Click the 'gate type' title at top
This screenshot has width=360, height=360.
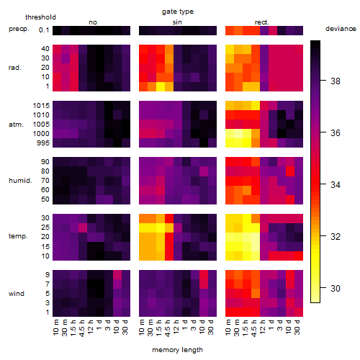[178, 12]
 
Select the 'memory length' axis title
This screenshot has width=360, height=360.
[177, 350]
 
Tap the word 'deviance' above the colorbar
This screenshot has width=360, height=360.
[341, 29]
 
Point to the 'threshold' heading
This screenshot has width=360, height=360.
[40, 17]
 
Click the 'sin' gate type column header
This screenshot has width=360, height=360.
[177, 22]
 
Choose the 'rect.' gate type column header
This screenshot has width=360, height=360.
[262, 22]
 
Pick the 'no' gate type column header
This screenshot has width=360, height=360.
[93, 22]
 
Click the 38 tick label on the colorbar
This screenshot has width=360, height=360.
[336, 81]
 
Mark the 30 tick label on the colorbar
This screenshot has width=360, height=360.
[336, 288]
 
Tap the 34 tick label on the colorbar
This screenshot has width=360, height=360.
[336, 185]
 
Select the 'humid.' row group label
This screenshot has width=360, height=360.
[20, 181]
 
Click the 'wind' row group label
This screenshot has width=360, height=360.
[17, 294]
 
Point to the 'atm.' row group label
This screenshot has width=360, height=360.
[16, 125]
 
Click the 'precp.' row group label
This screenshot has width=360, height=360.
[19, 29]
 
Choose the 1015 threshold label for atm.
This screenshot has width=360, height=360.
[41, 106]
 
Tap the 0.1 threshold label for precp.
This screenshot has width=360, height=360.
[44, 30]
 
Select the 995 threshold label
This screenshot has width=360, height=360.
[43, 143]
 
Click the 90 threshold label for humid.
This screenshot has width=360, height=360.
[45, 162]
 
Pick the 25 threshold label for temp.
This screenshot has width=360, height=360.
[45, 228]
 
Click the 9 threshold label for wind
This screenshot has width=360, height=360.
[48, 275]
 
